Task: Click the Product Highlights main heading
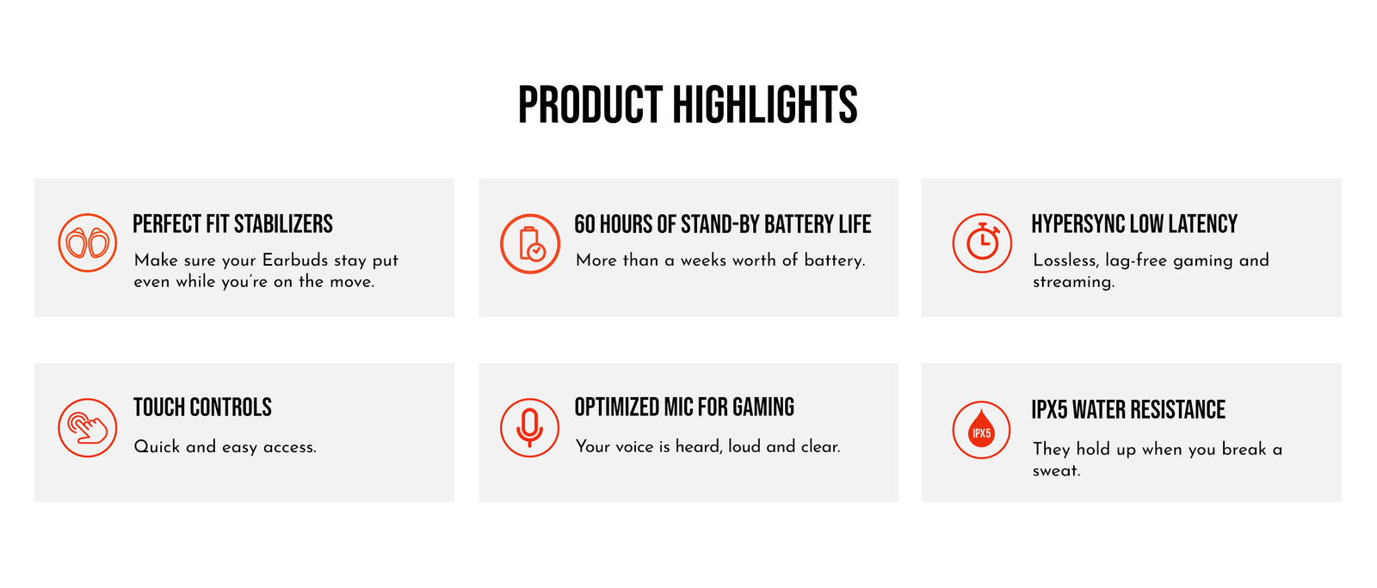688,105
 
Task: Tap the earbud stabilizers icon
87,243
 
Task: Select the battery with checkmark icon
530,243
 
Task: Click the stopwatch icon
982,243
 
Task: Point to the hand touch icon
87,428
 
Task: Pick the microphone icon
529,428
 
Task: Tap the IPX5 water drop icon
981,431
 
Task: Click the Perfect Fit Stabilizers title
232,224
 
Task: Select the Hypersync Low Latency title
1134,224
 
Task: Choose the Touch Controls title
202,407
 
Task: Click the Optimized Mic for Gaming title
684,407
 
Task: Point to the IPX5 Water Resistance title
1128,410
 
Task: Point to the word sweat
1056,471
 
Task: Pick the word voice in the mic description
634,447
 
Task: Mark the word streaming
1073,282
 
